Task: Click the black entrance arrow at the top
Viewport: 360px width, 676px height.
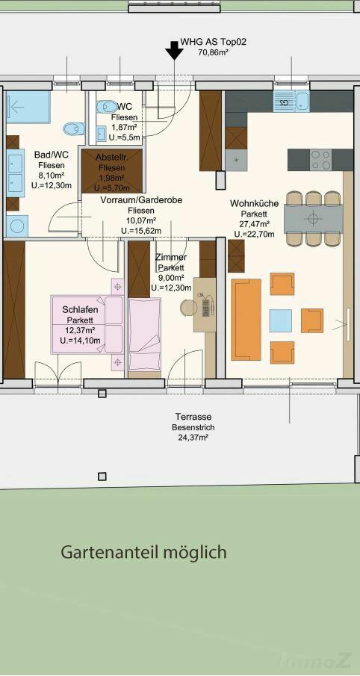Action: point(174,50)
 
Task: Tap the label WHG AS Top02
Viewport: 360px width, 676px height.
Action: point(214,43)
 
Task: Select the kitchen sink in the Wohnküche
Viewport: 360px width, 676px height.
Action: point(291,102)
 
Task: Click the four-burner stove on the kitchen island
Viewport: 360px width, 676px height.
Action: point(321,160)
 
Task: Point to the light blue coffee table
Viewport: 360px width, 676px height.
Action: point(281,320)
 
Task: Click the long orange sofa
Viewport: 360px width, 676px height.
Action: point(246,320)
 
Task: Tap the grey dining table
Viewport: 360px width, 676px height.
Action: point(313,218)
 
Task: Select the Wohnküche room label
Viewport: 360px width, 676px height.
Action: point(254,203)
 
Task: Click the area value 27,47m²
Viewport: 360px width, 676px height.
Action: point(255,224)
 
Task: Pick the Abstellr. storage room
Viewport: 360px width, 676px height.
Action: point(112,171)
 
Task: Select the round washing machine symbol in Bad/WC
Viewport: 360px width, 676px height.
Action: point(17,226)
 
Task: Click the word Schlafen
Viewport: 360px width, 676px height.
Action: point(80,309)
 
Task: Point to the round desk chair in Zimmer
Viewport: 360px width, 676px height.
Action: point(187,308)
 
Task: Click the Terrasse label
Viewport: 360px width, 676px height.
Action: point(193,417)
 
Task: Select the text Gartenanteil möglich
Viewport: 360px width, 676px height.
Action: point(143,552)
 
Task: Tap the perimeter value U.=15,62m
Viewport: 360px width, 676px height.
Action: point(141,231)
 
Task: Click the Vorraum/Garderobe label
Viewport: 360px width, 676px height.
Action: point(141,200)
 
